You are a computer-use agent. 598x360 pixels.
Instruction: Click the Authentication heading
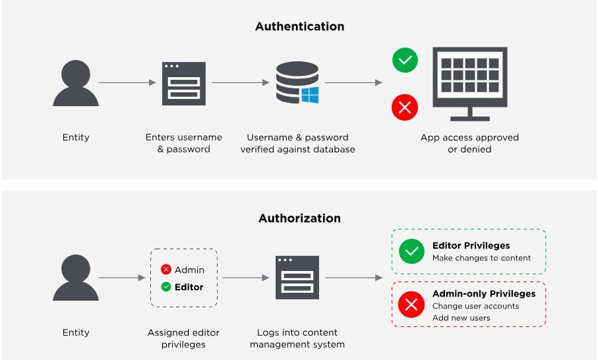(x=299, y=27)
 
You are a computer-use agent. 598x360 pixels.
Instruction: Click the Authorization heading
(x=299, y=218)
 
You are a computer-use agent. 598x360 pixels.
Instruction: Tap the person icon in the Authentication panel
(x=76, y=84)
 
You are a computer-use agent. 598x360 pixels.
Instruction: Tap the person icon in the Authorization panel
(x=76, y=278)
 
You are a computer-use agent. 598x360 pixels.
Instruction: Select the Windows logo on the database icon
(x=310, y=95)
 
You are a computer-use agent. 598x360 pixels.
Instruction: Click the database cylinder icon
(x=295, y=82)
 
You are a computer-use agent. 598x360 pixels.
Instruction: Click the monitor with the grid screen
(x=469, y=82)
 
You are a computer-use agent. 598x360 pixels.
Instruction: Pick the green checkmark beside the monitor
(x=405, y=60)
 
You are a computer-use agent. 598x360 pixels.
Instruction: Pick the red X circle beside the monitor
(x=405, y=107)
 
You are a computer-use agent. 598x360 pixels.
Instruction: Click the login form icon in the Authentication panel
(x=184, y=84)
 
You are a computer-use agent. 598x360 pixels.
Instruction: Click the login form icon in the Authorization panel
(x=297, y=278)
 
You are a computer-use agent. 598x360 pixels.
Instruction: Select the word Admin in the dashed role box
(x=189, y=270)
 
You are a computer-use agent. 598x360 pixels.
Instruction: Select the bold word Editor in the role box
(x=189, y=287)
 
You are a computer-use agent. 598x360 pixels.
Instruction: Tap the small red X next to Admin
(x=166, y=270)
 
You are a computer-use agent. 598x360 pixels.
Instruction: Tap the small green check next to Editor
(x=166, y=287)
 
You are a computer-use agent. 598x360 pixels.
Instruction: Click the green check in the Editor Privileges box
(x=412, y=251)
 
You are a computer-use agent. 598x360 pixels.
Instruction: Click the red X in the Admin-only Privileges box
(x=412, y=305)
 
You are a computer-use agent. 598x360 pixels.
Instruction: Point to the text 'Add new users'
(x=462, y=318)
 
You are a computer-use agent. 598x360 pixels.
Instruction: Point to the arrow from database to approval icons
(x=353, y=83)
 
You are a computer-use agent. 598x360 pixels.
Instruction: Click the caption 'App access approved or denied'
(x=469, y=143)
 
